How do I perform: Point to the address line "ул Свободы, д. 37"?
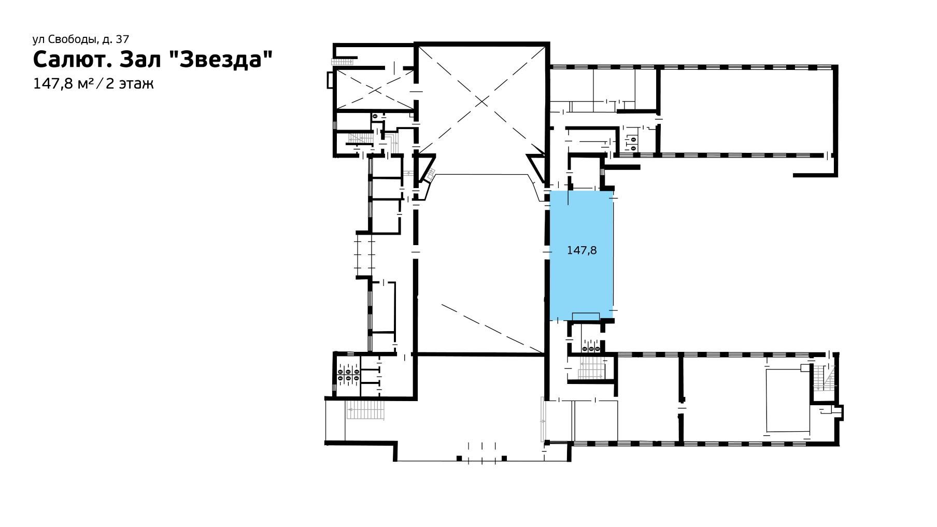(x=81, y=39)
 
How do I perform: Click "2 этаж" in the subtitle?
(x=130, y=83)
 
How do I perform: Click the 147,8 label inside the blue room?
(x=582, y=251)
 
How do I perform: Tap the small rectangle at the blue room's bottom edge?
(x=586, y=317)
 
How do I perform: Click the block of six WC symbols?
(x=348, y=375)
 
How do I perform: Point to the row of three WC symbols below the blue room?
(x=591, y=349)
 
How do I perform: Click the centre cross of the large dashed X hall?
(x=482, y=101)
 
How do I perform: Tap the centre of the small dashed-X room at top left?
(x=374, y=90)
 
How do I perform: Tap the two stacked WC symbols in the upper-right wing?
(x=634, y=143)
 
